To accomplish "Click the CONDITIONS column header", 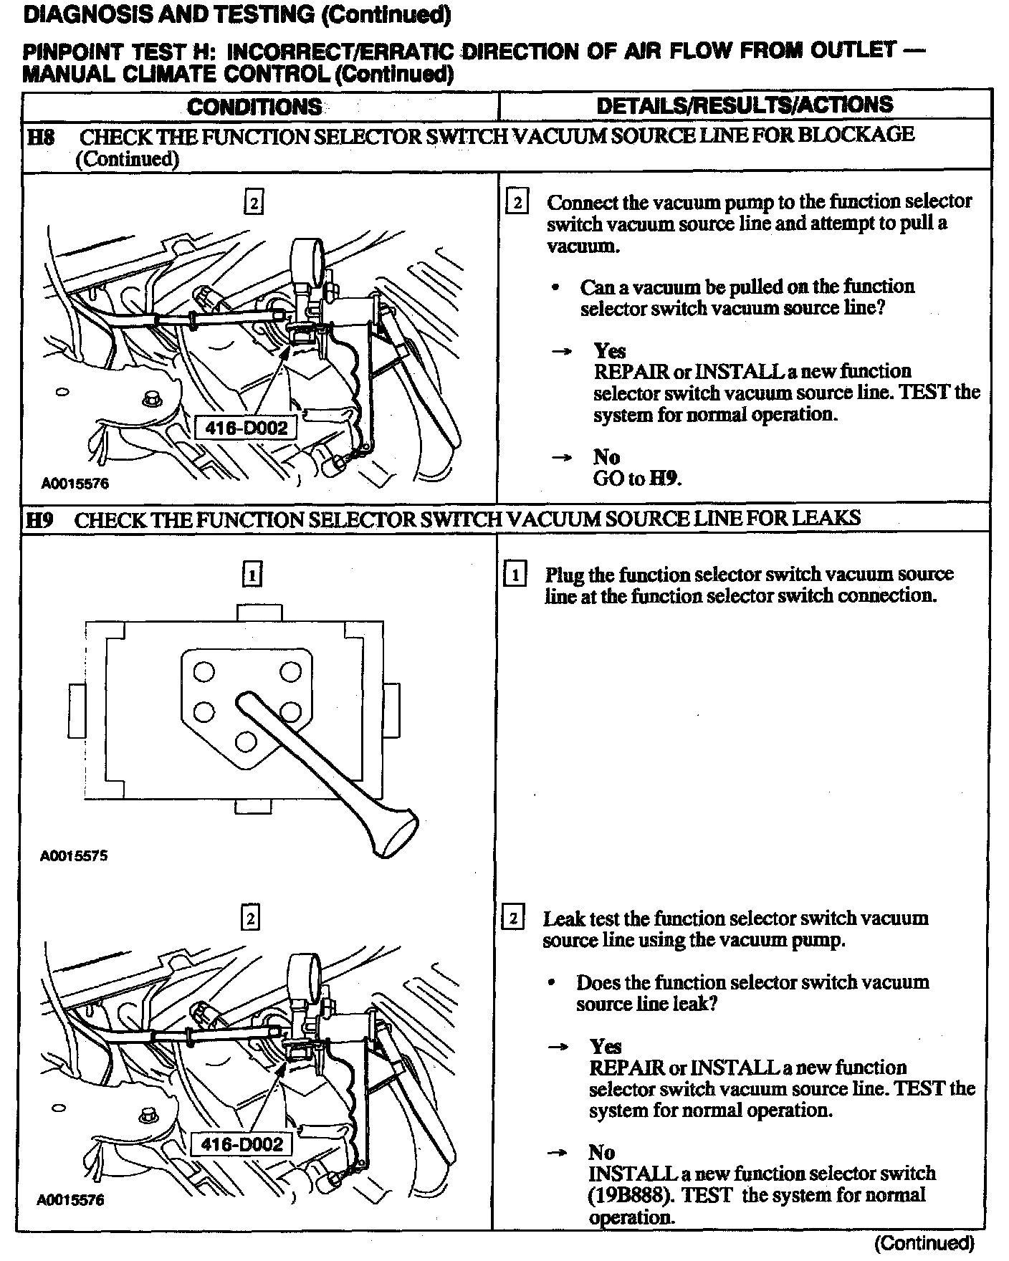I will (x=254, y=107).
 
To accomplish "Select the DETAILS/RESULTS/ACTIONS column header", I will (x=745, y=105).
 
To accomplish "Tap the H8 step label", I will (x=41, y=136).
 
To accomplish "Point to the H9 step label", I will (x=39, y=519).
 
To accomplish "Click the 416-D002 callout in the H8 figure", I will (x=246, y=428).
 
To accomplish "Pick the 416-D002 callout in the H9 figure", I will (x=242, y=1144).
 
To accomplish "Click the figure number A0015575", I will (x=74, y=855).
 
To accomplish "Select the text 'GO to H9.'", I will (x=637, y=479).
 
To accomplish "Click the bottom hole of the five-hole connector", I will (x=246, y=741).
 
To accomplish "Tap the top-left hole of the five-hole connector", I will (x=204, y=672).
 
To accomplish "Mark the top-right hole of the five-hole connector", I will (x=290, y=672).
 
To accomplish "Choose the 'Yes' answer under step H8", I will (x=610, y=350).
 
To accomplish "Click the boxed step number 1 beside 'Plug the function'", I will (x=515, y=575).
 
